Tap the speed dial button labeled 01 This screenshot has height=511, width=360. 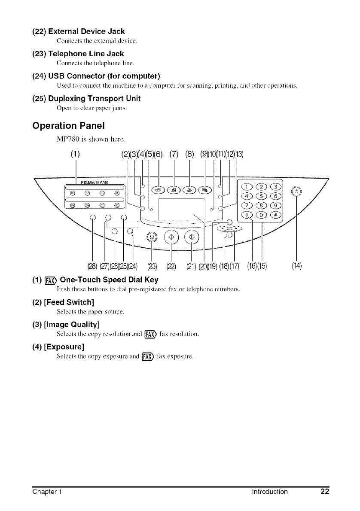tap(72, 192)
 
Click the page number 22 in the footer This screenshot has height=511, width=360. tap(324, 500)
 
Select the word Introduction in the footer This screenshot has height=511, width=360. tap(270, 500)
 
